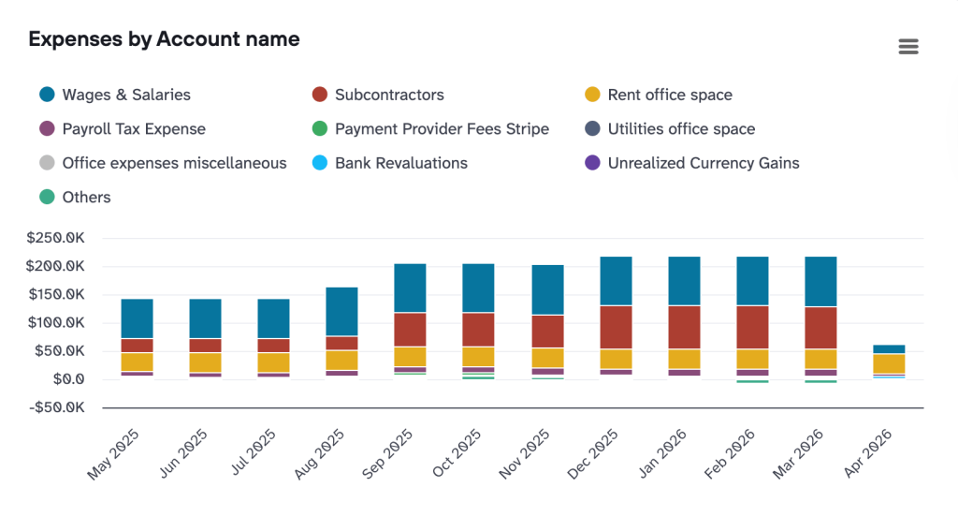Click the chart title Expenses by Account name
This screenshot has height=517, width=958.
(164, 39)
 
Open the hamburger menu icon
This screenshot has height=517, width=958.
(907, 47)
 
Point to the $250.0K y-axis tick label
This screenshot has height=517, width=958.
(58, 238)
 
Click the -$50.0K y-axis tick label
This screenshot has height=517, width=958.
(58, 408)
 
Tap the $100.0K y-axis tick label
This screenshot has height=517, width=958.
(58, 323)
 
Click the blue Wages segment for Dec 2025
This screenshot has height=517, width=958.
(616, 281)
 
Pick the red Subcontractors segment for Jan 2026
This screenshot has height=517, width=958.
(684, 327)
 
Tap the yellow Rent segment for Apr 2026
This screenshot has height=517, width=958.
(889, 363)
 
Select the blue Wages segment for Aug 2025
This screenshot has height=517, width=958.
(341, 311)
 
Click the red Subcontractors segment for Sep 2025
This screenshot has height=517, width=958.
(410, 330)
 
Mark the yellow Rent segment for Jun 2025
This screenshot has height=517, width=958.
(205, 362)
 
